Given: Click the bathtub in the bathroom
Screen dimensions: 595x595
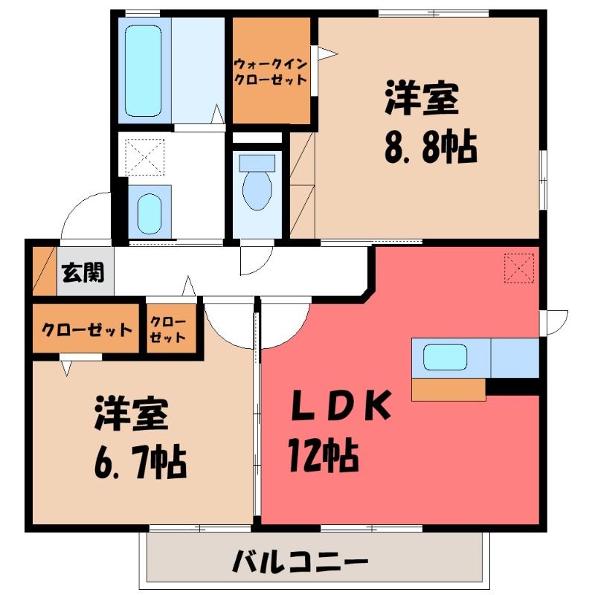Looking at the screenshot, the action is [x=143, y=71].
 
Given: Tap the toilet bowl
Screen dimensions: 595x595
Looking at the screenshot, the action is [x=257, y=190].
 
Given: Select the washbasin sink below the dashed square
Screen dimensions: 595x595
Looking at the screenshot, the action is [x=149, y=213].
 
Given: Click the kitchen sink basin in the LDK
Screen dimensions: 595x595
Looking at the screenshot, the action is [x=445, y=357].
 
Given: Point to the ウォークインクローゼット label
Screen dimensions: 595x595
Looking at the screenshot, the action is [x=271, y=71].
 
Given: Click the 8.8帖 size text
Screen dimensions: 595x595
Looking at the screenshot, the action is [x=431, y=146].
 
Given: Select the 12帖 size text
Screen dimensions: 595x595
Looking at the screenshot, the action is [x=324, y=454].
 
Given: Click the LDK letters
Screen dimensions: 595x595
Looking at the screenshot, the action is [x=341, y=405].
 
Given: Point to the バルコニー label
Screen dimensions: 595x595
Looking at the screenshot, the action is [x=300, y=561].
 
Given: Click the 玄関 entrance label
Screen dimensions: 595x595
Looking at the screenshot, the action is [x=83, y=272].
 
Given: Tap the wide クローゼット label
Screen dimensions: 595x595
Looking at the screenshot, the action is [x=86, y=329].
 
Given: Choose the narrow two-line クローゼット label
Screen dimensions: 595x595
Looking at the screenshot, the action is [x=167, y=329].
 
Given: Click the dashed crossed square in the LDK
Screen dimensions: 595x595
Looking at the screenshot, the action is [x=518, y=268].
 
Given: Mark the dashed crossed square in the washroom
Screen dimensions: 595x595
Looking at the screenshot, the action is [x=144, y=157].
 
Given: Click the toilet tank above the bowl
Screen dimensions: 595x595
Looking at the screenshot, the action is [x=257, y=163].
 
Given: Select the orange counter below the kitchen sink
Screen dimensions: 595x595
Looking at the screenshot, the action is [x=448, y=389].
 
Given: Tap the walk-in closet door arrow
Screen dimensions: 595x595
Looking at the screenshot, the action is [x=327, y=54].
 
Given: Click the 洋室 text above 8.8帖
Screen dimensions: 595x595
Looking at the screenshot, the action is [x=422, y=97].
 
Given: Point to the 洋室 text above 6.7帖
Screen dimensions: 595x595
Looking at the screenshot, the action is [x=132, y=413].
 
